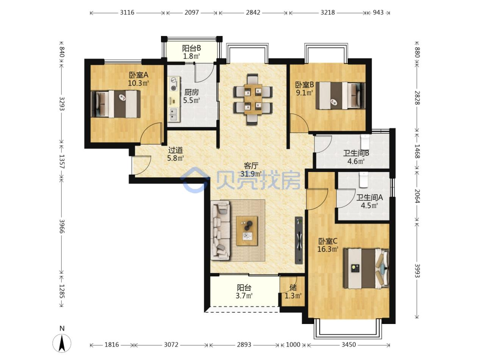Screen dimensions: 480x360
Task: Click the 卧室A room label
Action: click(x=138, y=75)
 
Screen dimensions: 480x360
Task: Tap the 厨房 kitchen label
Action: click(x=191, y=92)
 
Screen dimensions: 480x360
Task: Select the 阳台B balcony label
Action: click(x=192, y=48)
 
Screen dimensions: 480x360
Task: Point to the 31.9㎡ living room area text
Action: click(x=251, y=174)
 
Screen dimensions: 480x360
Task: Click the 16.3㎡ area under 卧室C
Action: click(x=328, y=249)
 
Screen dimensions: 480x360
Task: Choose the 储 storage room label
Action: click(x=293, y=288)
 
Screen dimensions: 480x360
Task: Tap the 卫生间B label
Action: click(x=356, y=153)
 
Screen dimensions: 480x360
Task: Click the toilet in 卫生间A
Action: click(x=364, y=180)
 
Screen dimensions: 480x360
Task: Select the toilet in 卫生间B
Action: click(x=365, y=142)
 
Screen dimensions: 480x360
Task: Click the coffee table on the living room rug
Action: click(x=247, y=231)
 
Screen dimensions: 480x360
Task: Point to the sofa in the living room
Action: click(x=220, y=230)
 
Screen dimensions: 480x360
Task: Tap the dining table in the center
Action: click(x=253, y=99)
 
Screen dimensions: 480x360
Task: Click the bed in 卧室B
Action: click(x=340, y=95)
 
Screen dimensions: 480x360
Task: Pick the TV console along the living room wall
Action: click(x=299, y=240)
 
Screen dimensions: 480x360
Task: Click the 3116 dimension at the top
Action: click(x=127, y=13)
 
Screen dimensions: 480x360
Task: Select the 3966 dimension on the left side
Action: click(x=62, y=226)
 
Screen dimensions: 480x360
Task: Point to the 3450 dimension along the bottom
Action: click(x=349, y=345)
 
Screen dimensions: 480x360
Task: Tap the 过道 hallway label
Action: click(x=175, y=150)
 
